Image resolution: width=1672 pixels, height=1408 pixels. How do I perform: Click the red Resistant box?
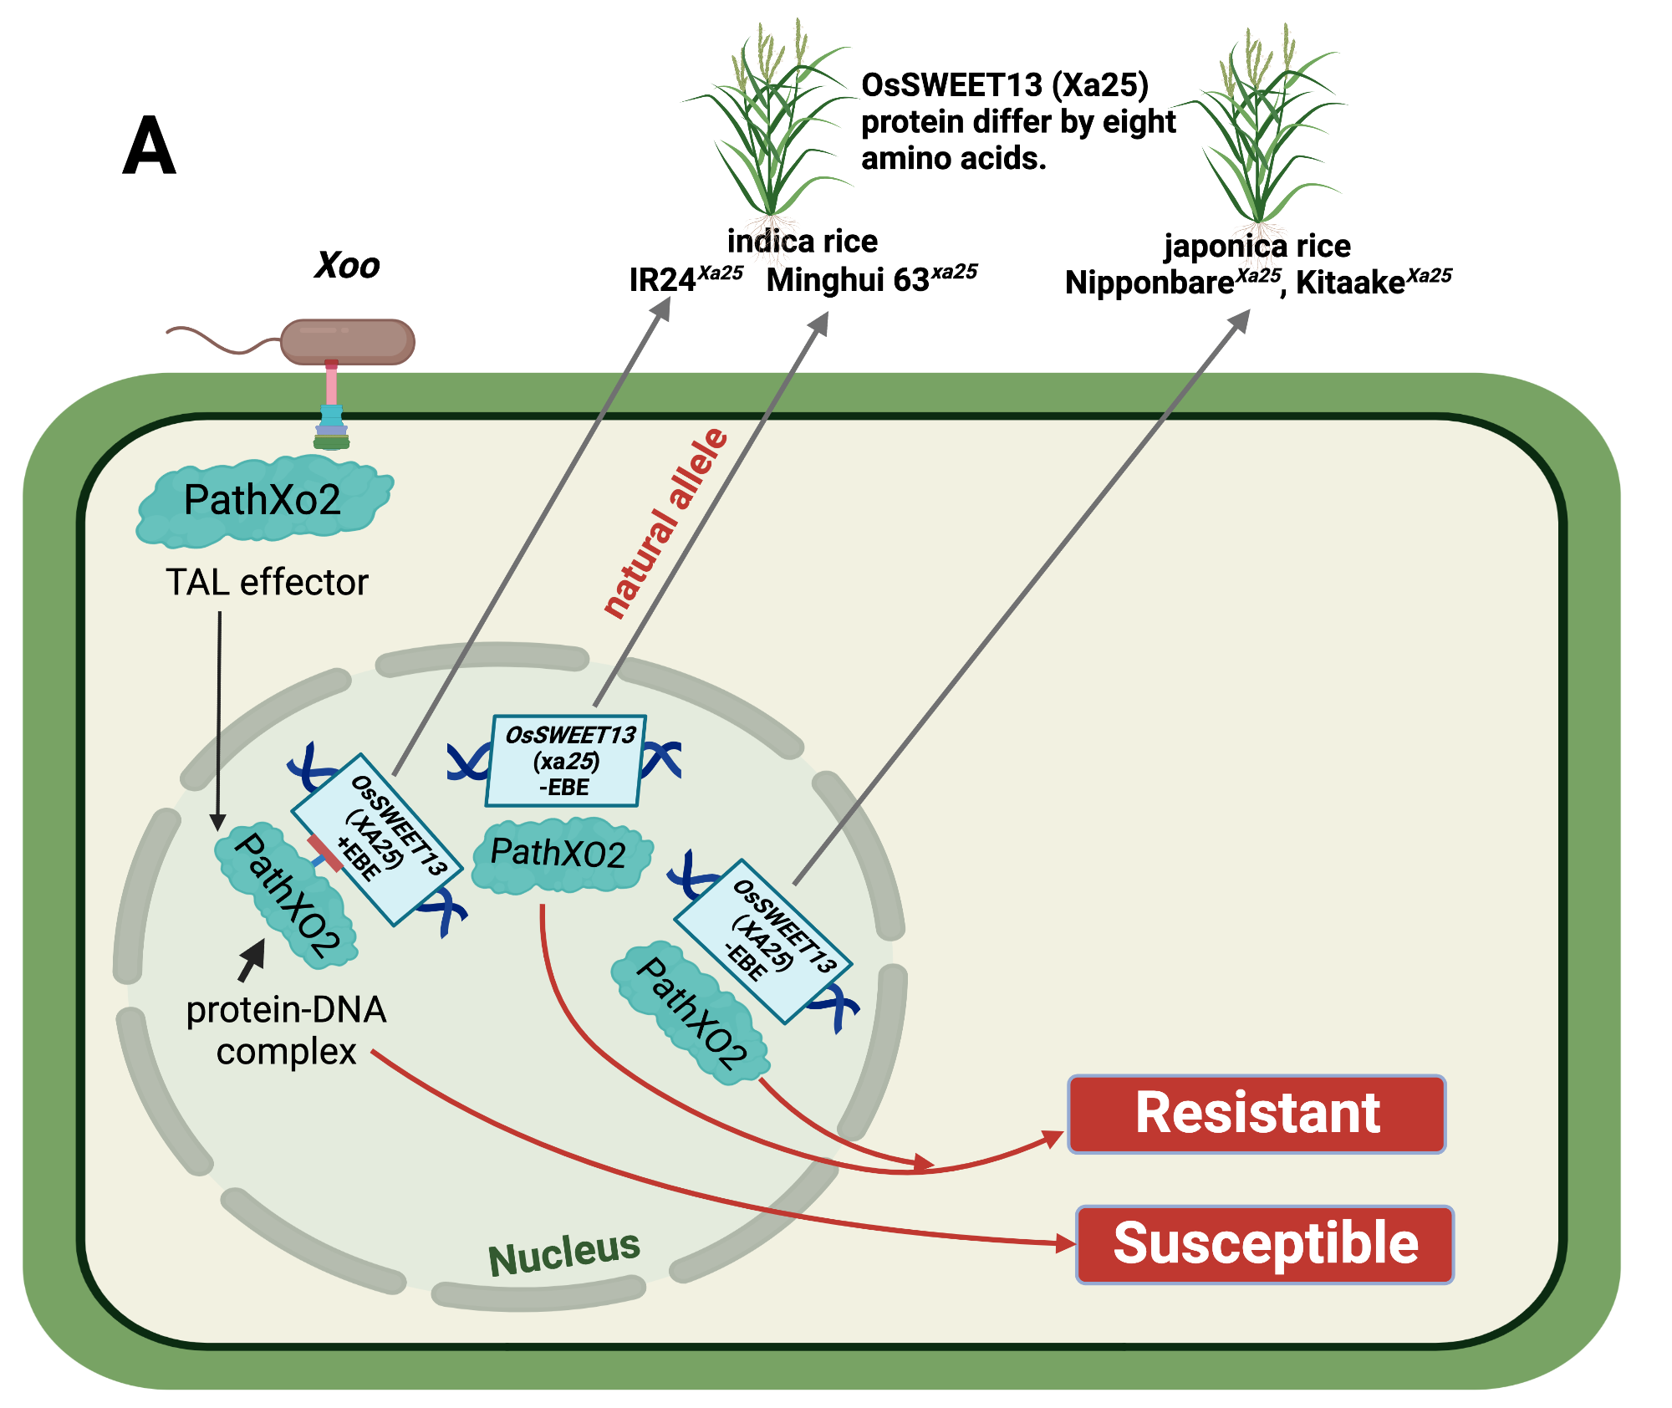click(1257, 1114)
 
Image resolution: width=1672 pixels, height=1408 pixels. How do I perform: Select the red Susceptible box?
click(1265, 1244)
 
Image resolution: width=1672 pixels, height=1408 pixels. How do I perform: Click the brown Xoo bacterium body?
click(347, 341)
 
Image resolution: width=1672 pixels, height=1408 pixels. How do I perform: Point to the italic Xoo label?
click(347, 266)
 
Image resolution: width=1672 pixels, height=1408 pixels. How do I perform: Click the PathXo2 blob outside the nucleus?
click(263, 500)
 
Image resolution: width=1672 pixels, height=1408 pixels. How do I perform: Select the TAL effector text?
click(267, 582)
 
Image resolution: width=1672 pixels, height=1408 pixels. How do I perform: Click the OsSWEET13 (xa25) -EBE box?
click(566, 761)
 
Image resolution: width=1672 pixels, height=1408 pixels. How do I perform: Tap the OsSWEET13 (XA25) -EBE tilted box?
click(762, 941)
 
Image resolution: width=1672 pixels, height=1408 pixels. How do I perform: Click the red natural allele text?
click(666, 523)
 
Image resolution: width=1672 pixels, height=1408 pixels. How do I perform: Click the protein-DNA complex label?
click(286, 1030)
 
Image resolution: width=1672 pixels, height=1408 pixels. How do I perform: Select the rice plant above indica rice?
click(770, 125)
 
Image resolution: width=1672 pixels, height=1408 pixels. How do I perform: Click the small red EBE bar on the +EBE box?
click(325, 854)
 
